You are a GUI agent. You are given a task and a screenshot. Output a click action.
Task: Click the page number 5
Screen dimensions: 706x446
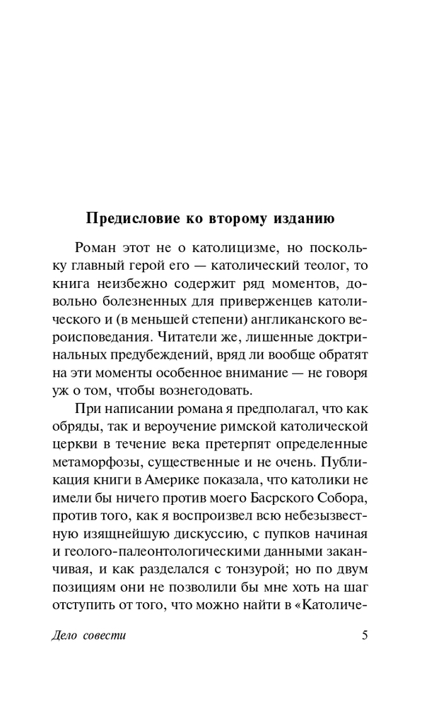pyautogui.click(x=365, y=635)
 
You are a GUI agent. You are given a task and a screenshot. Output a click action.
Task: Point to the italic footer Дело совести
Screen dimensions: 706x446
pyautogui.click(x=89, y=635)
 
